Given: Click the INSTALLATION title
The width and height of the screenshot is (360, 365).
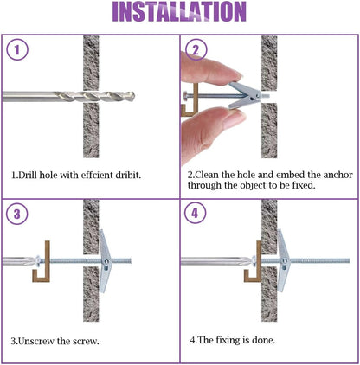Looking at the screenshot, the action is (x=179, y=11).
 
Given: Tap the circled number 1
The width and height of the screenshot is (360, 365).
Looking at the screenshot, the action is (x=17, y=49).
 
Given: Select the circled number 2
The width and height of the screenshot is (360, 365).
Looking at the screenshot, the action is (x=196, y=49).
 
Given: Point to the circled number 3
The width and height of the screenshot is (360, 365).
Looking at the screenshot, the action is (x=17, y=214).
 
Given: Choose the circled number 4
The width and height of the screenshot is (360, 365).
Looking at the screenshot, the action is (x=196, y=214).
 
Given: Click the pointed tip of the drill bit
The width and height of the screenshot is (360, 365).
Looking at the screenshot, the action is (x=135, y=97).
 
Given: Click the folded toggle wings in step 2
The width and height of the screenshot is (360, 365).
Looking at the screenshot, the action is (x=245, y=96).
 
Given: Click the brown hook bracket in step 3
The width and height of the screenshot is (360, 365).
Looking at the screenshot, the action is (x=48, y=261).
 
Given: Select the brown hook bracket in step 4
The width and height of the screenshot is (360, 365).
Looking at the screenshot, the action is (x=259, y=261).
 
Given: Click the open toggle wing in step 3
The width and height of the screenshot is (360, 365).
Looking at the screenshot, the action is (x=104, y=261).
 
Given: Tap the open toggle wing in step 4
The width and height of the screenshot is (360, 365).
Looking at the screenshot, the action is (x=283, y=260).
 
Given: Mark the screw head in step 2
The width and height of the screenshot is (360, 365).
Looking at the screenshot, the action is (x=185, y=95).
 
